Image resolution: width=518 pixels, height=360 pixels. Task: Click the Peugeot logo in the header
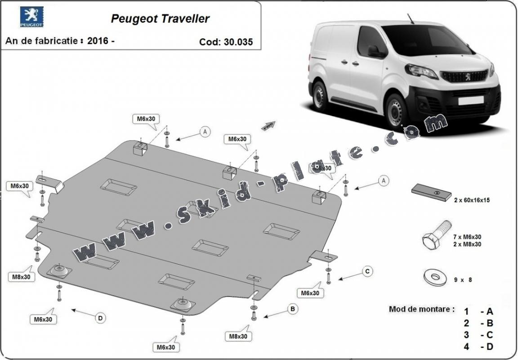(x=31, y=17)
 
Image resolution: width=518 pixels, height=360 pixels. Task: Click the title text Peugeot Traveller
(x=160, y=18)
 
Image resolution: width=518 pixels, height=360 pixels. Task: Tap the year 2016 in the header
(x=98, y=40)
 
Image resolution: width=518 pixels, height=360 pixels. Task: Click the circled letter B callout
(x=292, y=309)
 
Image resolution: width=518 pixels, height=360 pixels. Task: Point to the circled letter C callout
(x=367, y=271)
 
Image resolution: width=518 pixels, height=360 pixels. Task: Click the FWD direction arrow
(x=269, y=125)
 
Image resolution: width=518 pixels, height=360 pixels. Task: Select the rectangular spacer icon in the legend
(x=431, y=193)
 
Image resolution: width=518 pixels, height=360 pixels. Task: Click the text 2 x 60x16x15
(x=471, y=200)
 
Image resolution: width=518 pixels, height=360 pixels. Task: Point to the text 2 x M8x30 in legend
(x=468, y=244)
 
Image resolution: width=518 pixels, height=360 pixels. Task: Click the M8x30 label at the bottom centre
(x=239, y=336)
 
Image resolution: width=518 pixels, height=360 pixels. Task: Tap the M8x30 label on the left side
(x=22, y=277)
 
